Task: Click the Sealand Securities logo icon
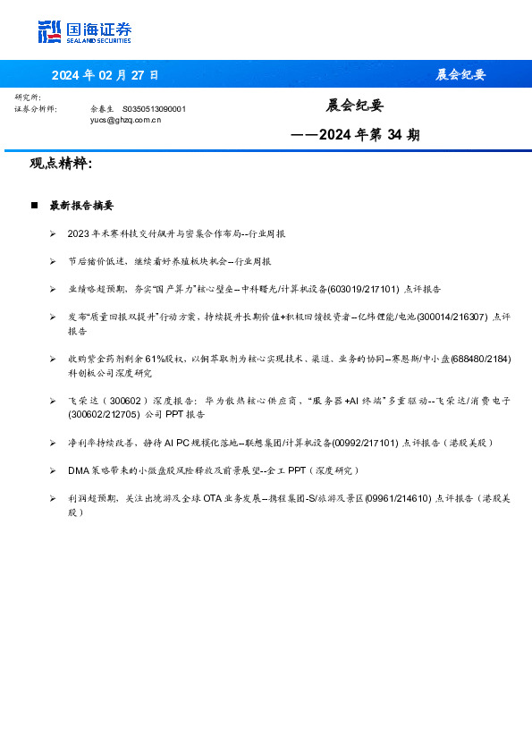49,31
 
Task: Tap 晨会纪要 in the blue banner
460,74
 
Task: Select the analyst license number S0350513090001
154,108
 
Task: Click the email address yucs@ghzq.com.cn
125,118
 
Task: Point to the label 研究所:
29,97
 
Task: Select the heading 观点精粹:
61,164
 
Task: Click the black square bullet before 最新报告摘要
34,206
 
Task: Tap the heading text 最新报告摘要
81,206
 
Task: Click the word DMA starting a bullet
79,470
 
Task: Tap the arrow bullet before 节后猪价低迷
54,262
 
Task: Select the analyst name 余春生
101,108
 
